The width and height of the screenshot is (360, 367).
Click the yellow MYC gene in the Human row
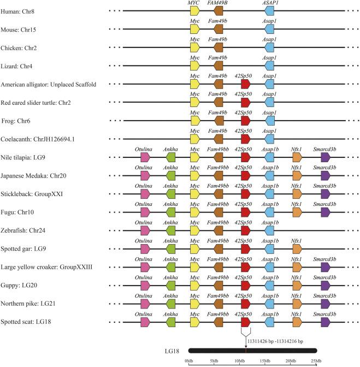point(194,10)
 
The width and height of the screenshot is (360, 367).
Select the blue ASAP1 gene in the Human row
point(269,10)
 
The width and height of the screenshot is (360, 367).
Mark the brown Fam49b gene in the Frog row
point(219,120)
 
